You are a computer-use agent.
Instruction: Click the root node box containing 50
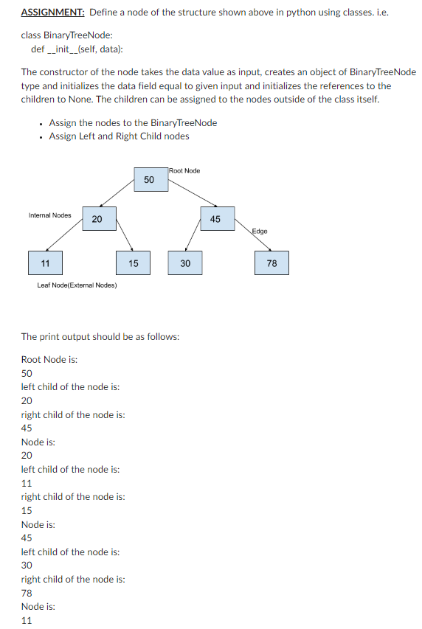point(148,180)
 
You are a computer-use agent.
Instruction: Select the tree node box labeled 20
point(97,219)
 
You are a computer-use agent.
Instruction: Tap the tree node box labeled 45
point(215,219)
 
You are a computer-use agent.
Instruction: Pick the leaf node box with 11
point(46,263)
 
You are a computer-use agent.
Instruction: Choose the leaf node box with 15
point(133,263)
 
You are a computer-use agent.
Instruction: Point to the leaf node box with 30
point(185,263)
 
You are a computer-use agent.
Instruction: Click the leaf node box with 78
point(272,263)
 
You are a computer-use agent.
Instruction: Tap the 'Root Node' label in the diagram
point(184,171)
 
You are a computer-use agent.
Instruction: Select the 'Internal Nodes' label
point(49,215)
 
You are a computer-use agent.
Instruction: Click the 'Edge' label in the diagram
point(260,232)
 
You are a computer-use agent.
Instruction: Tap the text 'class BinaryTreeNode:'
point(66,35)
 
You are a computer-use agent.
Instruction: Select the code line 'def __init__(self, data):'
point(77,49)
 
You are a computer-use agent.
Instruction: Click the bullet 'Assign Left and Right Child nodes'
point(119,136)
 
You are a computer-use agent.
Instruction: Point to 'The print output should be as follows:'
point(100,336)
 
